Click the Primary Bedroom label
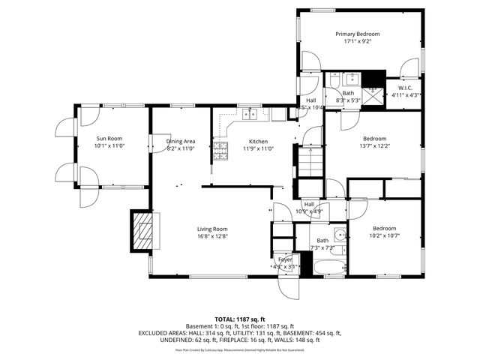click(357, 34)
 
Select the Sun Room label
click(109, 138)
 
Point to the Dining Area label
click(181, 141)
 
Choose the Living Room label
click(212, 229)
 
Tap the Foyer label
click(284, 259)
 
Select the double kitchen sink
click(253, 115)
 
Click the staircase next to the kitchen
click(310, 160)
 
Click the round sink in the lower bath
click(339, 234)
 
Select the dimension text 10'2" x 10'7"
click(384, 236)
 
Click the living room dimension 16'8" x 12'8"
click(212, 237)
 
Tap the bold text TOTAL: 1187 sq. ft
click(239, 319)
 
